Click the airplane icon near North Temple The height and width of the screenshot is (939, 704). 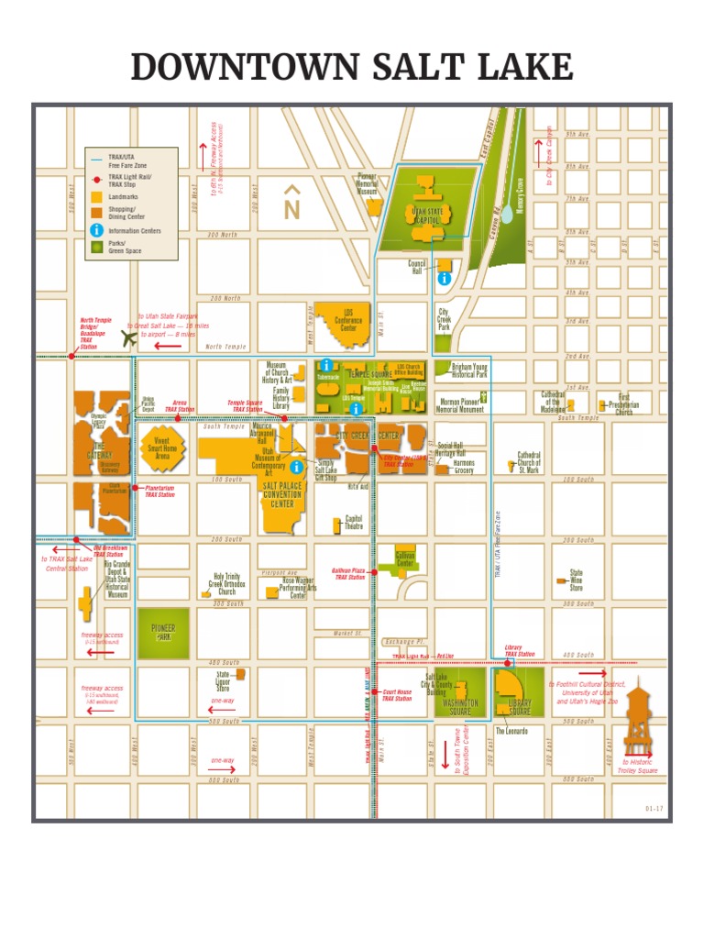click(128, 337)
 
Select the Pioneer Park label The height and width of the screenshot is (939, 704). click(163, 632)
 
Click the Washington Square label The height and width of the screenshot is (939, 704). click(461, 707)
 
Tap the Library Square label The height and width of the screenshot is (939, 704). click(520, 707)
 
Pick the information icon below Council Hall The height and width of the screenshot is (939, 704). click(445, 277)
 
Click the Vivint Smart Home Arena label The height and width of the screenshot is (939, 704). click(163, 447)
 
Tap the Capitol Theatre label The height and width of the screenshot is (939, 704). click(353, 523)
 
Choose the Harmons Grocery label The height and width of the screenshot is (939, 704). click(464, 467)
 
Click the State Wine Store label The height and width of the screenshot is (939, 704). click(576, 580)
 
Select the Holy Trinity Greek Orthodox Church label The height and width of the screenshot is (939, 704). click(226, 584)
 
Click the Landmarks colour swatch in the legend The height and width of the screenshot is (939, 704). click(96, 196)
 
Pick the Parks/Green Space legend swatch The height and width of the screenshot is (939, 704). click(96, 247)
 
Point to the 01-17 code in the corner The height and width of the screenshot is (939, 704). click(654, 808)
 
